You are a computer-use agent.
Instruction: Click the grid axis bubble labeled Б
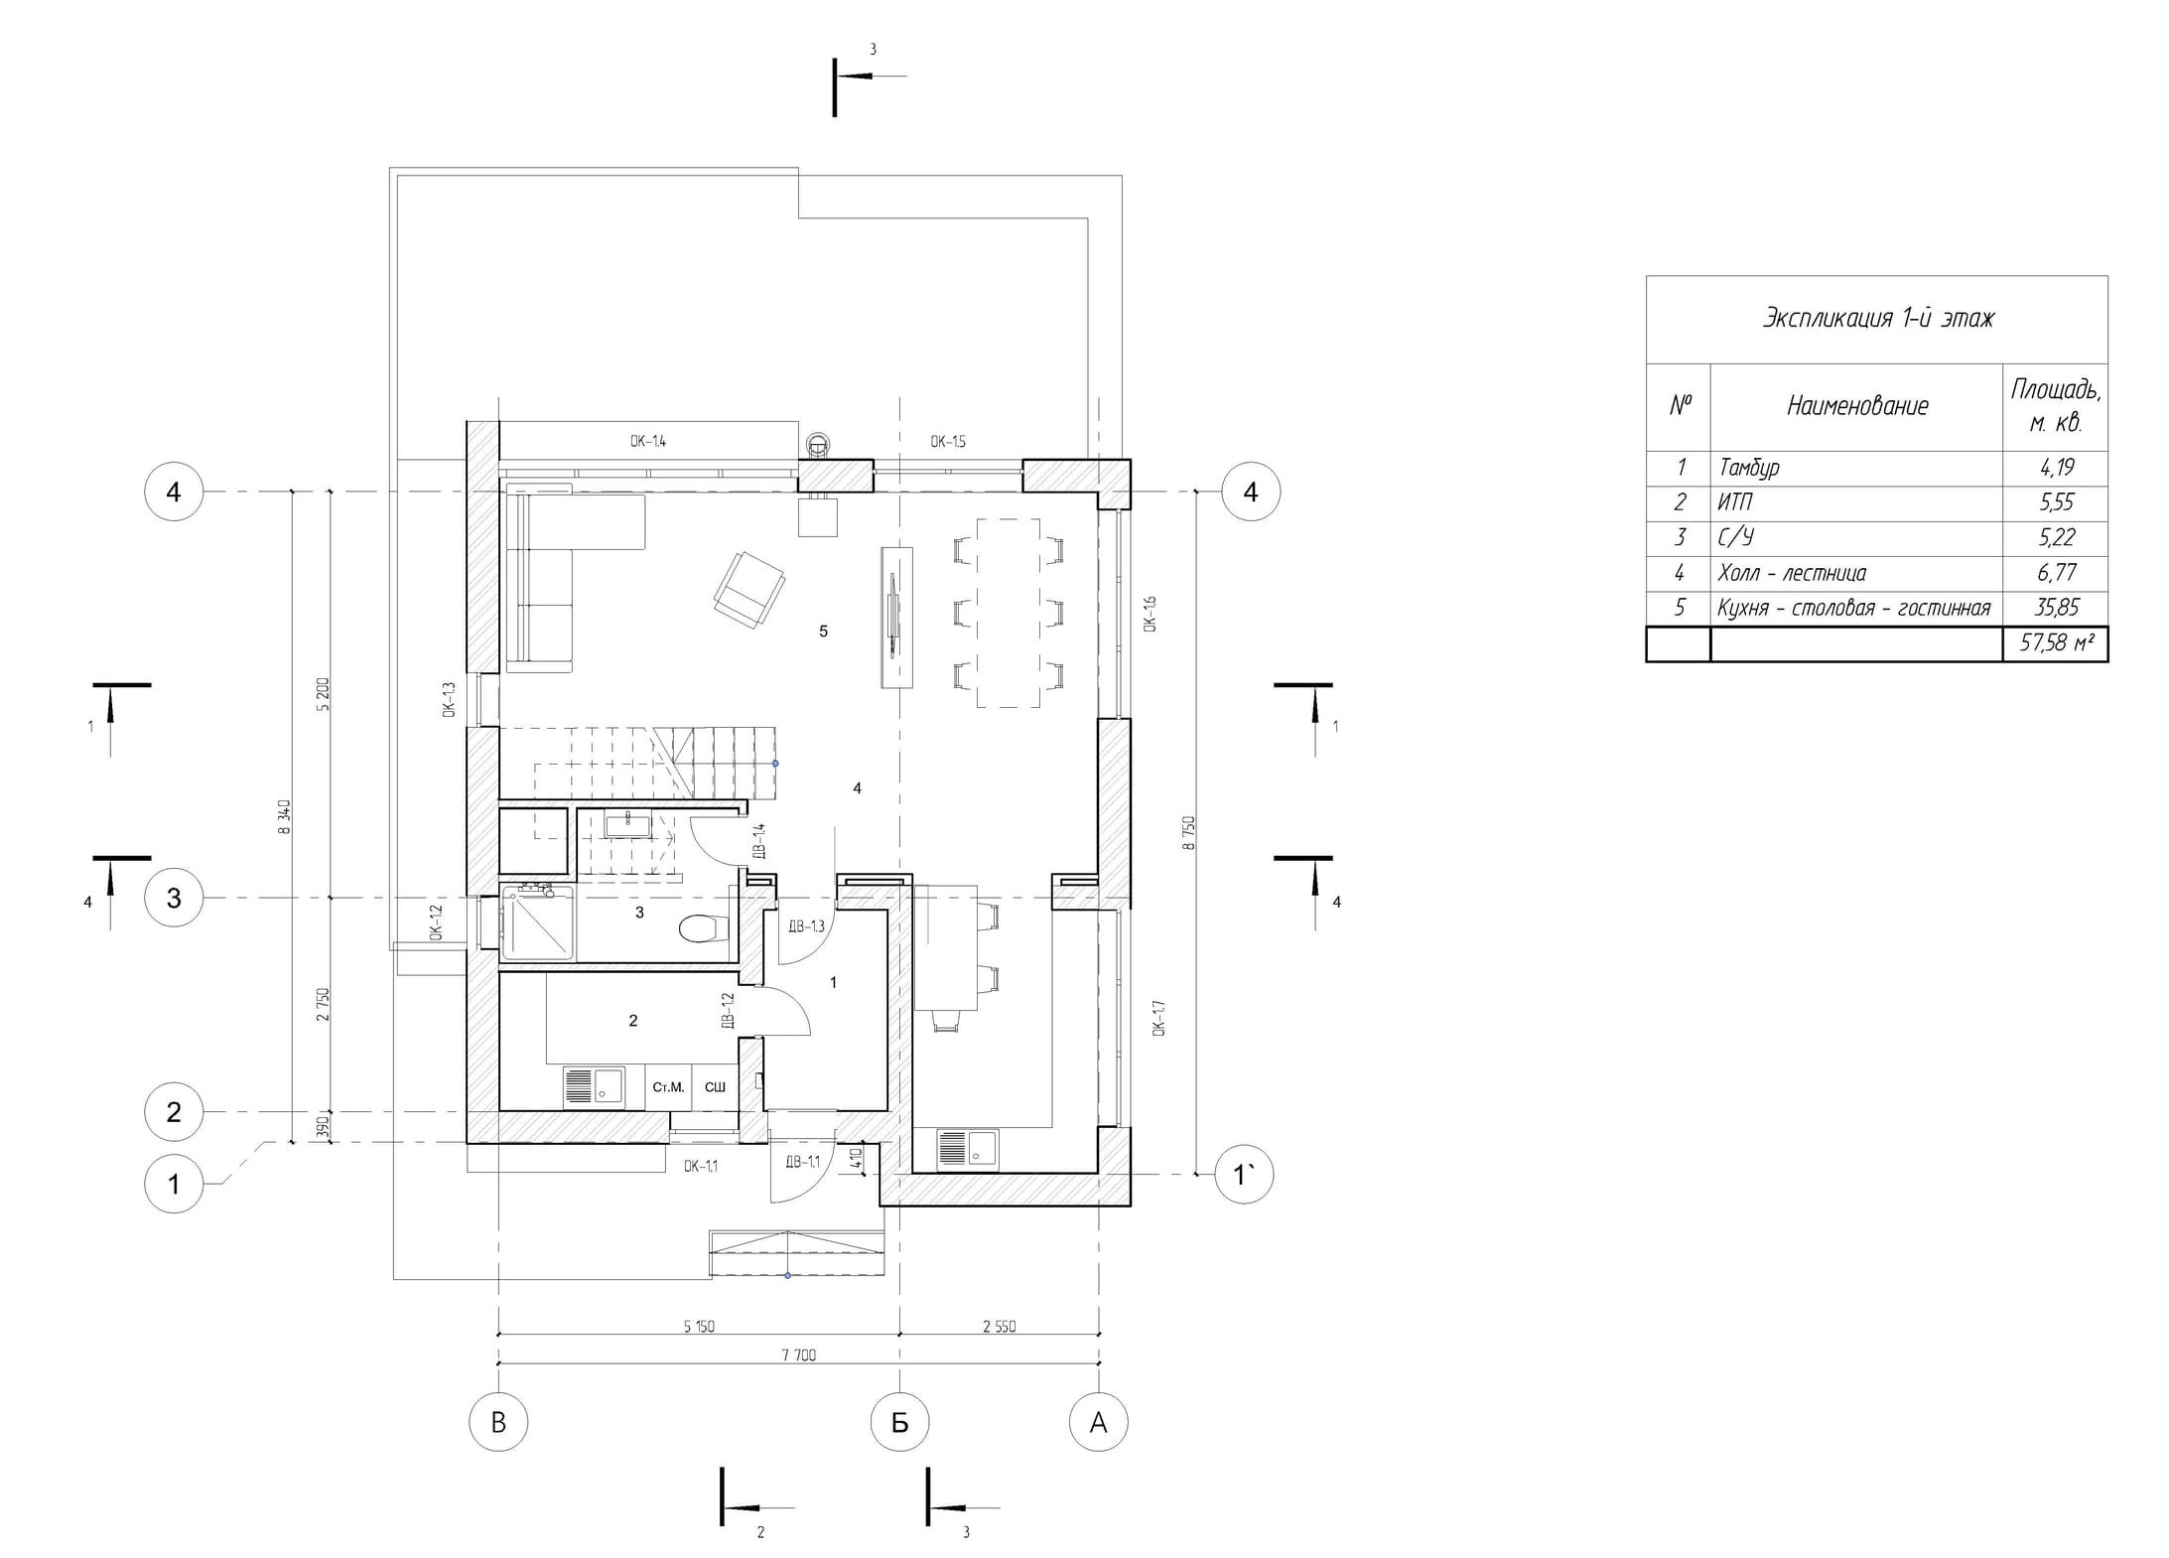point(899,1422)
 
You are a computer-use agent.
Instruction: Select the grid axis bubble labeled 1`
point(1244,1175)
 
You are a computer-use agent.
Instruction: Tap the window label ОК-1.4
point(647,441)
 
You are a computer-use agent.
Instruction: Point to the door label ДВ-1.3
point(806,926)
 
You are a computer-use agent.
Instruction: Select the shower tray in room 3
point(538,923)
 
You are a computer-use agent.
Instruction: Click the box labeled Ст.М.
point(668,1087)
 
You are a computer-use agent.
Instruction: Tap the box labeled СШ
point(715,1087)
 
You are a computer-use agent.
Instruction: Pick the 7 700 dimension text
point(798,1354)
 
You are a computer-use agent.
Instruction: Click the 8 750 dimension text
point(1189,832)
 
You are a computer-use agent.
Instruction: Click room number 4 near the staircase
point(857,788)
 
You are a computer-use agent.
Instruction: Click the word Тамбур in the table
point(1749,468)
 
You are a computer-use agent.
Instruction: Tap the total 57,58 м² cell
point(2055,643)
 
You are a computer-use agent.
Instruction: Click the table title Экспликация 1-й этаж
point(1877,319)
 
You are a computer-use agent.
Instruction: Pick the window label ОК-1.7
point(1158,1018)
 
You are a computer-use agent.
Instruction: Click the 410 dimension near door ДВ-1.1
point(857,1158)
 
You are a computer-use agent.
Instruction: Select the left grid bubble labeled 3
point(174,898)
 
